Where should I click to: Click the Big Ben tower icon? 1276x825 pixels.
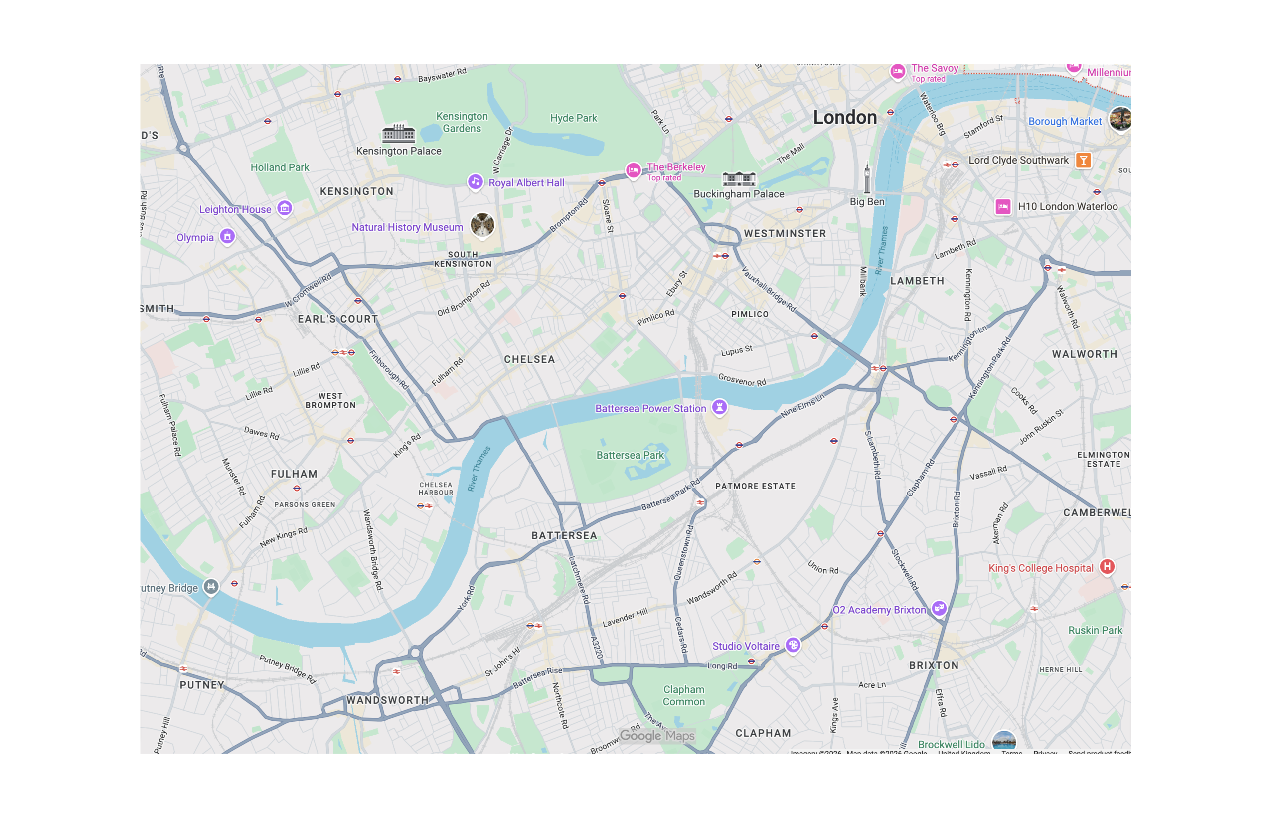pyautogui.click(x=867, y=178)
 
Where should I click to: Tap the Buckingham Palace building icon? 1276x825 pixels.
pyautogui.click(x=739, y=178)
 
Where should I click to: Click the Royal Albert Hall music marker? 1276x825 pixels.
pyautogui.click(x=475, y=182)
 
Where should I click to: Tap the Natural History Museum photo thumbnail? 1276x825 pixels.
pyautogui.click(x=482, y=225)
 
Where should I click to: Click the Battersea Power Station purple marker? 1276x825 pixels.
pyautogui.click(x=719, y=407)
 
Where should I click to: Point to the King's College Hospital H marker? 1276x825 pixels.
pyautogui.click(x=1107, y=566)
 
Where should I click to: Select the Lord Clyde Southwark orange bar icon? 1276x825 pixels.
pyautogui.click(x=1083, y=160)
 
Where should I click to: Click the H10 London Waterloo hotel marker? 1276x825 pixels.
pyautogui.click(x=1003, y=207)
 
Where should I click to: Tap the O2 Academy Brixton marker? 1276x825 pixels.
pyautogui.click(x=939, y=608)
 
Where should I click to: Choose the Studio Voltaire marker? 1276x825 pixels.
pyautogui.click(x=793, y=645)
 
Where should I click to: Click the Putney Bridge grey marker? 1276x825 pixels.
pyautogui.click(x=211, y=586)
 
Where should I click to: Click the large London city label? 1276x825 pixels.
pyautogui.click(x=845, y=117)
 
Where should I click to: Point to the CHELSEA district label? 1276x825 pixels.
pyautogui.click(x=529, y=359)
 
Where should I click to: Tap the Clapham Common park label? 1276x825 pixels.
pyautogui.click(x=683, y=695)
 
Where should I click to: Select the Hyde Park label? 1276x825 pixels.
pyautogui.click(x=573, y=118)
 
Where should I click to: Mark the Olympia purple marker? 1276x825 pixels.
pyautogui.click(x=227, y=236)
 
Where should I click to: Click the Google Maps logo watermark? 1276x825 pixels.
pyautogui.click(x=657, y=736)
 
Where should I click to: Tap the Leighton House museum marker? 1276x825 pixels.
pyautogui.click(x=285, y=208)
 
